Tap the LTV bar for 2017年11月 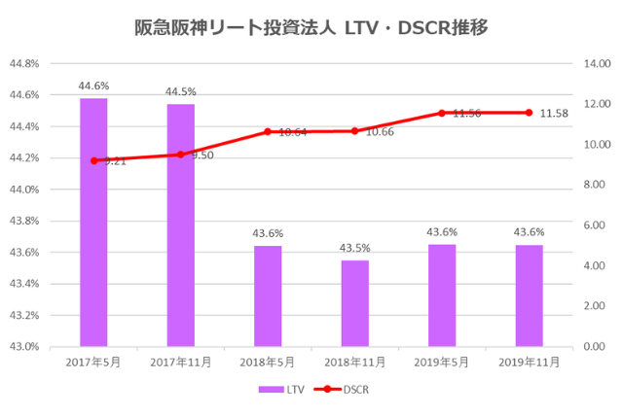180,225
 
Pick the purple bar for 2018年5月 268,295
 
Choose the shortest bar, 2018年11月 354,302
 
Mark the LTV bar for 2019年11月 529,295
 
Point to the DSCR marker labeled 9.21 93,160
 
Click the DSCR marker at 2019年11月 529,113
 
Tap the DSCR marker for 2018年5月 268,131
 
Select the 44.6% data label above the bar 93,86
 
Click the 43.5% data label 354,248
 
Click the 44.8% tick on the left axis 23,64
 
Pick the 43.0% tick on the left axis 23,347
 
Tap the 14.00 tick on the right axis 596,64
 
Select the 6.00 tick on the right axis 596,225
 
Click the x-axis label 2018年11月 354,362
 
